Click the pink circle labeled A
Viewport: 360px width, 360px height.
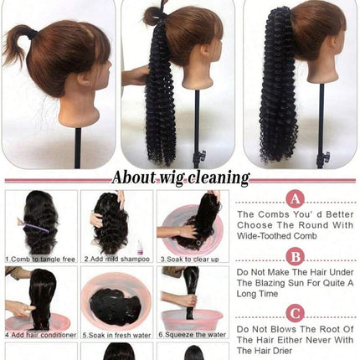tap(296, 198)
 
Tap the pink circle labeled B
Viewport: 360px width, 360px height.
tap(296, 257)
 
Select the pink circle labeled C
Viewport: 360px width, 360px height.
tap(296, 314)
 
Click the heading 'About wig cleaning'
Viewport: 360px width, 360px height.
tap(181, 177)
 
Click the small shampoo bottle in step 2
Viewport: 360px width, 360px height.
tap(140, 247)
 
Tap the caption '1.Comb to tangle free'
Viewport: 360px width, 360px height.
tap(40, 260)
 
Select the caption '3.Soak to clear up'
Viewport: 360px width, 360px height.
tap(189, 260)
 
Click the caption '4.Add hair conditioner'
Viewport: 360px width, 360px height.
tap(41, 335)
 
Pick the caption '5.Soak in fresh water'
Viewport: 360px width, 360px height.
tap(117, 335)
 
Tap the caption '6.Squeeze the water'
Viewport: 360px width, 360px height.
tap(193, 334)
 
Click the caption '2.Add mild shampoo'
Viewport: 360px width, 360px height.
tap(117, 260)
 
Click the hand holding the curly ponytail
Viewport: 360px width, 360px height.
tap(136, 75)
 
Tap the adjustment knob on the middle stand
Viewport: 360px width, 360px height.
tap(202, 154)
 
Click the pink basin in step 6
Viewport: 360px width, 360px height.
tap(193, 320)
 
